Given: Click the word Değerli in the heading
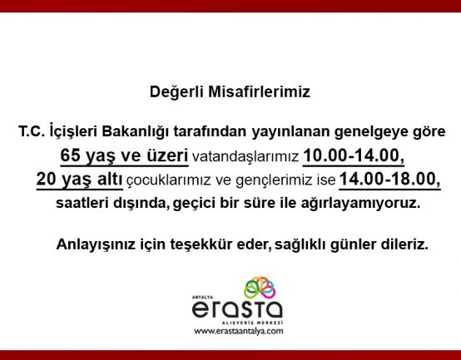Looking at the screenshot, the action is [176, 92].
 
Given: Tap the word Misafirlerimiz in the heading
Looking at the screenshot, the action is [260, 91].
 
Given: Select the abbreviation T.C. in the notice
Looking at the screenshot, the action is [32, 131].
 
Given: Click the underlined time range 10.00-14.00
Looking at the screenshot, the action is [354, 155].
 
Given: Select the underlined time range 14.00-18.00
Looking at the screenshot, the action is [389, 179].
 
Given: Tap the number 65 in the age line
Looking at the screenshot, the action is [70, 155].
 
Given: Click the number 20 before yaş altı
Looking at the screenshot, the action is [46, 179].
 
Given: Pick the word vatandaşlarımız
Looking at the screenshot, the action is [245, 157].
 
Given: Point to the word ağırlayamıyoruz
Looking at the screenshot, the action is [360, 203].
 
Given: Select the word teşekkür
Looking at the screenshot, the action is [201, 244].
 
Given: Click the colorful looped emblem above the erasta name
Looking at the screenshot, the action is [260, 288].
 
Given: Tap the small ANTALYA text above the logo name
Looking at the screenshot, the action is [202, 297].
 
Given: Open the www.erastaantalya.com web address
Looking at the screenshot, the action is [238, 331].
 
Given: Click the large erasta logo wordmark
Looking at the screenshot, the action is [237, 309].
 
